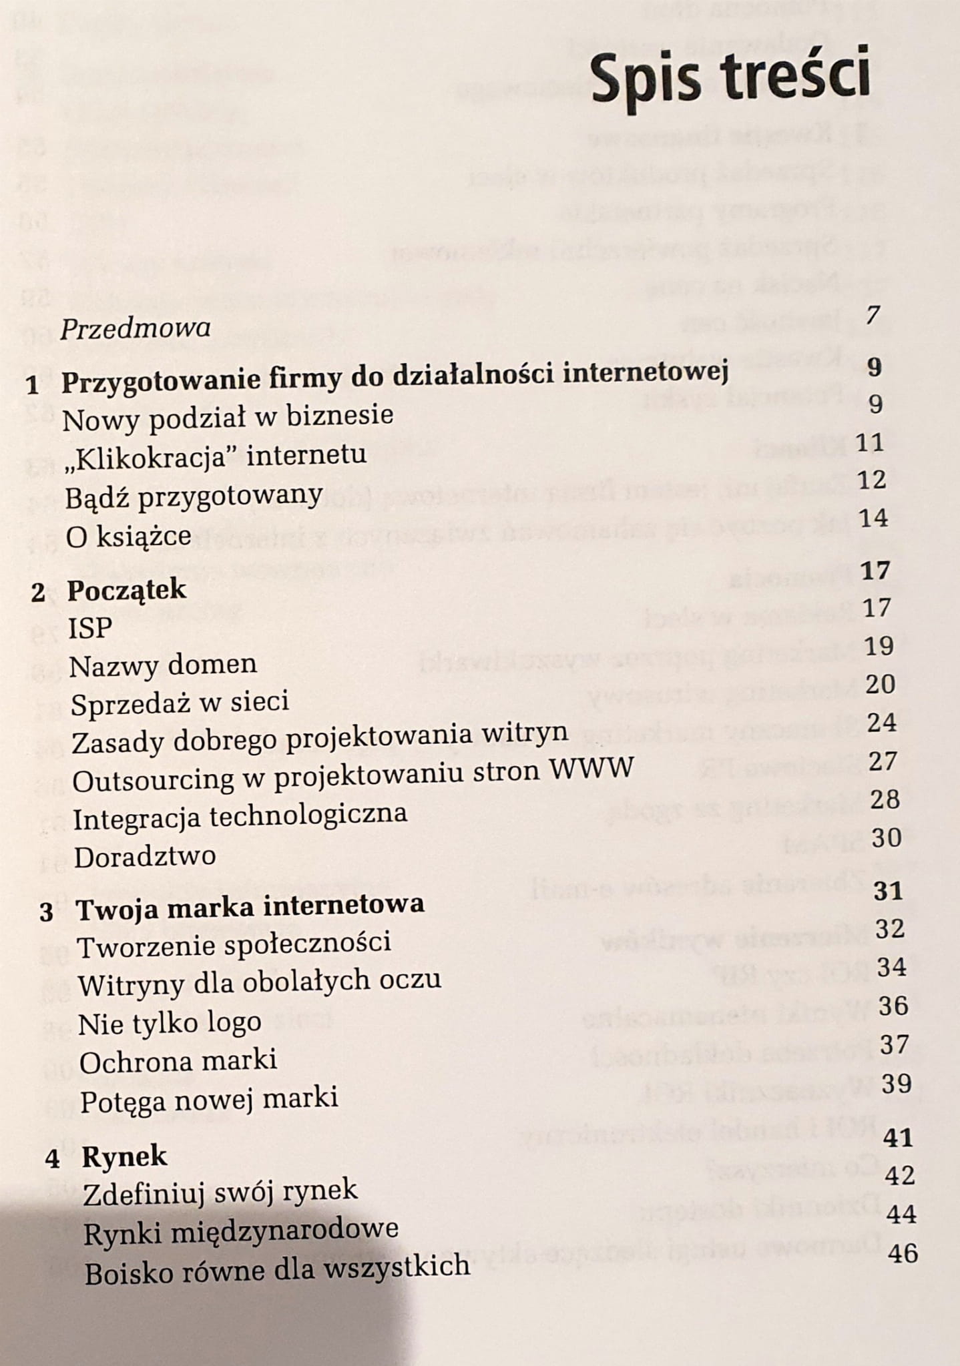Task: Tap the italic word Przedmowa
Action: point(136,328)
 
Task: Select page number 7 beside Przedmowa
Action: point(872,315)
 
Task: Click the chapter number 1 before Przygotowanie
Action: point(33,386)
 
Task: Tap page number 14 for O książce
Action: point(874,517)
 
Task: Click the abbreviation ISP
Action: point(90,629)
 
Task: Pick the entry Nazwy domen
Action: point(163,665)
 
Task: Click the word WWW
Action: point(591,768)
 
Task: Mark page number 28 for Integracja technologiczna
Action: point(885,799)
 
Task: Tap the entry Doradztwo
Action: point(145,857)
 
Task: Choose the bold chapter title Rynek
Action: point(124,1156)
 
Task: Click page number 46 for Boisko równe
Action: point(903,1253)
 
